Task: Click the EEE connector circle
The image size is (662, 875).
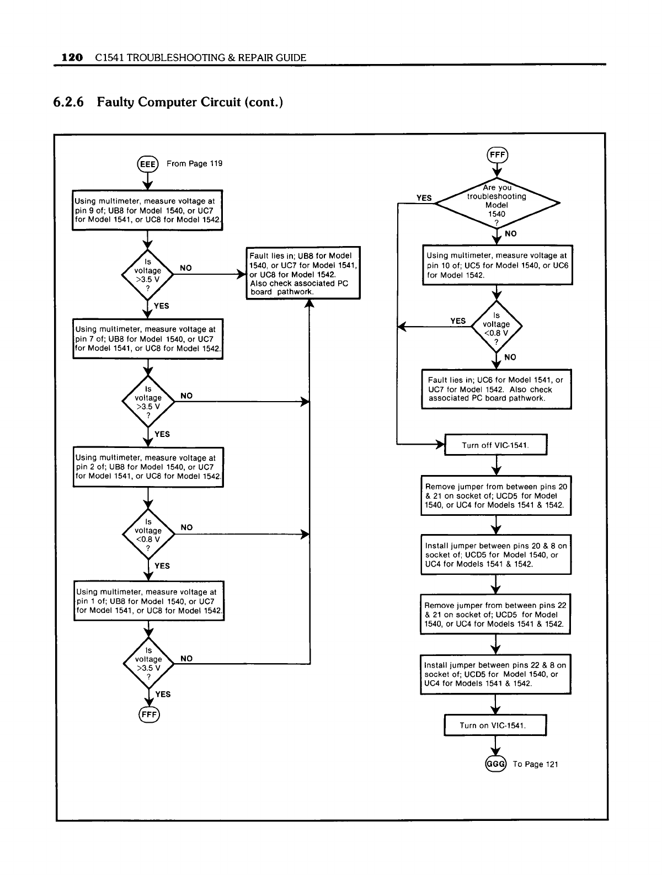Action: coord(148,164)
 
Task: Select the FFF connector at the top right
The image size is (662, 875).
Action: coord(497,155)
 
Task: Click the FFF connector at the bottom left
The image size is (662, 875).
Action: coord(148,715)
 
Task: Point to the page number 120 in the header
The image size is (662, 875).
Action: coord(72,57)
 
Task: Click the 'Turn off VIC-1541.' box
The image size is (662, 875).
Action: coord(495,445)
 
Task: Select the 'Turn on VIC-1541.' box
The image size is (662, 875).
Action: coord(495,725)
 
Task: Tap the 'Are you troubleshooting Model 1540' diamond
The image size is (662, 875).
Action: coord(496,204)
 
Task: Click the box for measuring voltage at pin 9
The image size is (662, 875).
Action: coord(148,210)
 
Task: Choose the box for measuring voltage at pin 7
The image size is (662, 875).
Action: coord(148,339)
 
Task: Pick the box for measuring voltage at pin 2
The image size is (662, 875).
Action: coord(148,467)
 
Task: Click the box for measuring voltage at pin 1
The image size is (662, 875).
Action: coord(149,601)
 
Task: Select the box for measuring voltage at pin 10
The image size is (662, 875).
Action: coord(497,265)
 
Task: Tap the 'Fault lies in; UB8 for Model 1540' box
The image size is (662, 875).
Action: coord(303,273)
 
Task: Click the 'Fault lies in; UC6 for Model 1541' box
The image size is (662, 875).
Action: coord(496,389)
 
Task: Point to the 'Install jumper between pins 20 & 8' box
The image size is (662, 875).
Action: coord(495,554)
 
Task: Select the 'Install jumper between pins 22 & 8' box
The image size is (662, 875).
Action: coord(495,674)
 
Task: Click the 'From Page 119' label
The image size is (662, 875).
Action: coord(194,163)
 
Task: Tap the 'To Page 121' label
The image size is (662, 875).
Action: coord(535,764)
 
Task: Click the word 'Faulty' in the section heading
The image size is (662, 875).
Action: coord(115,102)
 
